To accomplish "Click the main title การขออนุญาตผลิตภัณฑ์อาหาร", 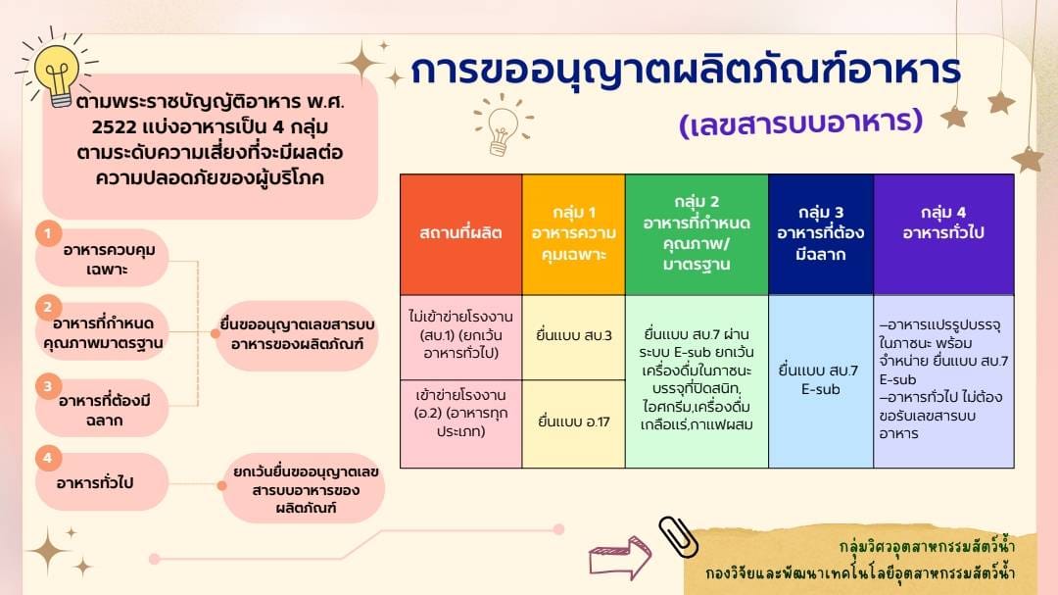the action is click(686, 70).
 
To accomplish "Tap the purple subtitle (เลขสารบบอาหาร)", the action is click(801, 123).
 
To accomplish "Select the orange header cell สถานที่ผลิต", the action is click(460, 234).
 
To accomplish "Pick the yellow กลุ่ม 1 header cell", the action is click(573, 234).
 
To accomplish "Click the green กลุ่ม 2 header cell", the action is click(697, 234).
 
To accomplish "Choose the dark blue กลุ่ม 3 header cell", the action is click(821, 234).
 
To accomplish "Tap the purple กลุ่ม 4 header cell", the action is click(943, 234).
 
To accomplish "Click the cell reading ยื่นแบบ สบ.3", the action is click(573, 337).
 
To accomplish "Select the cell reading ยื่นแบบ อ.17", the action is click(573, 423).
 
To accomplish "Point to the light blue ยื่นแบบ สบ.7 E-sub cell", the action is click(821, 381).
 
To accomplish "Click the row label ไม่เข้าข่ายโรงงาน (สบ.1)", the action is click(460, 337).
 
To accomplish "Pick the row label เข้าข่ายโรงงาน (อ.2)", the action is click(460, 423).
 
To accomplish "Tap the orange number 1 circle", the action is click(48, 234).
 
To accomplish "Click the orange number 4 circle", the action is click(48, 458).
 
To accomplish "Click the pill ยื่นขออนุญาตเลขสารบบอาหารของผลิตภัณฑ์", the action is click(297, 335).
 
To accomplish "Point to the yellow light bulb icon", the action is click(58, 71).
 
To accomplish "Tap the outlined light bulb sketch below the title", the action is click(502, 125).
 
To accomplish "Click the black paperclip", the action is click(678, 537).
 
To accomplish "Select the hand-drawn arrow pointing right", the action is click(619, 558).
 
